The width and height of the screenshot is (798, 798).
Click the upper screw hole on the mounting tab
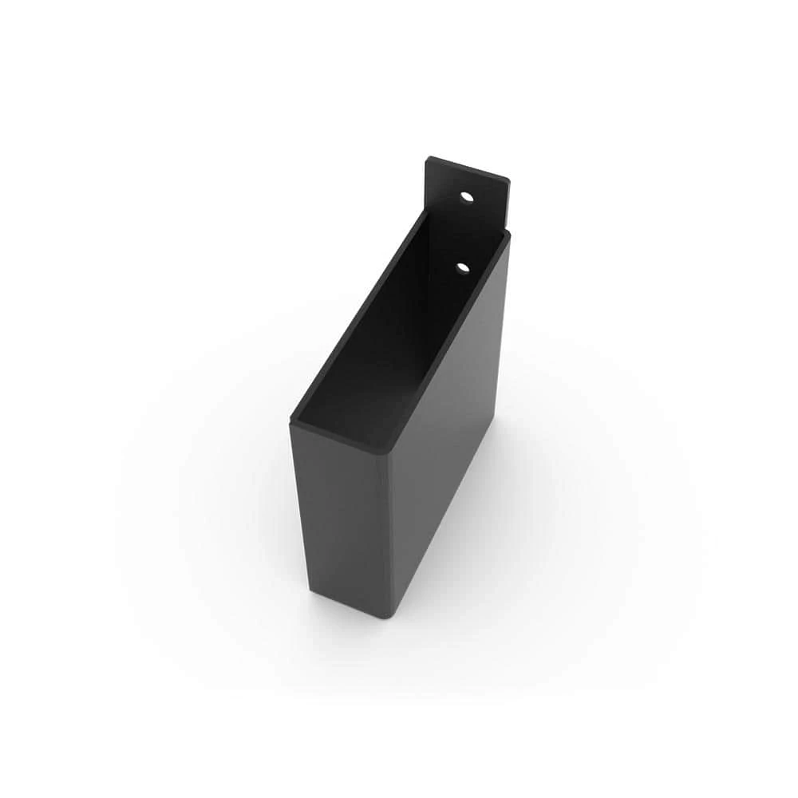467,196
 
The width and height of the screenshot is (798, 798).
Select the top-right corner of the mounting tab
508,179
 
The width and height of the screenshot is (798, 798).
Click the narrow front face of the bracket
339,519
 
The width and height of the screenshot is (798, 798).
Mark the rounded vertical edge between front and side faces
389,535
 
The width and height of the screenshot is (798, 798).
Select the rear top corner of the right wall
507,234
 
